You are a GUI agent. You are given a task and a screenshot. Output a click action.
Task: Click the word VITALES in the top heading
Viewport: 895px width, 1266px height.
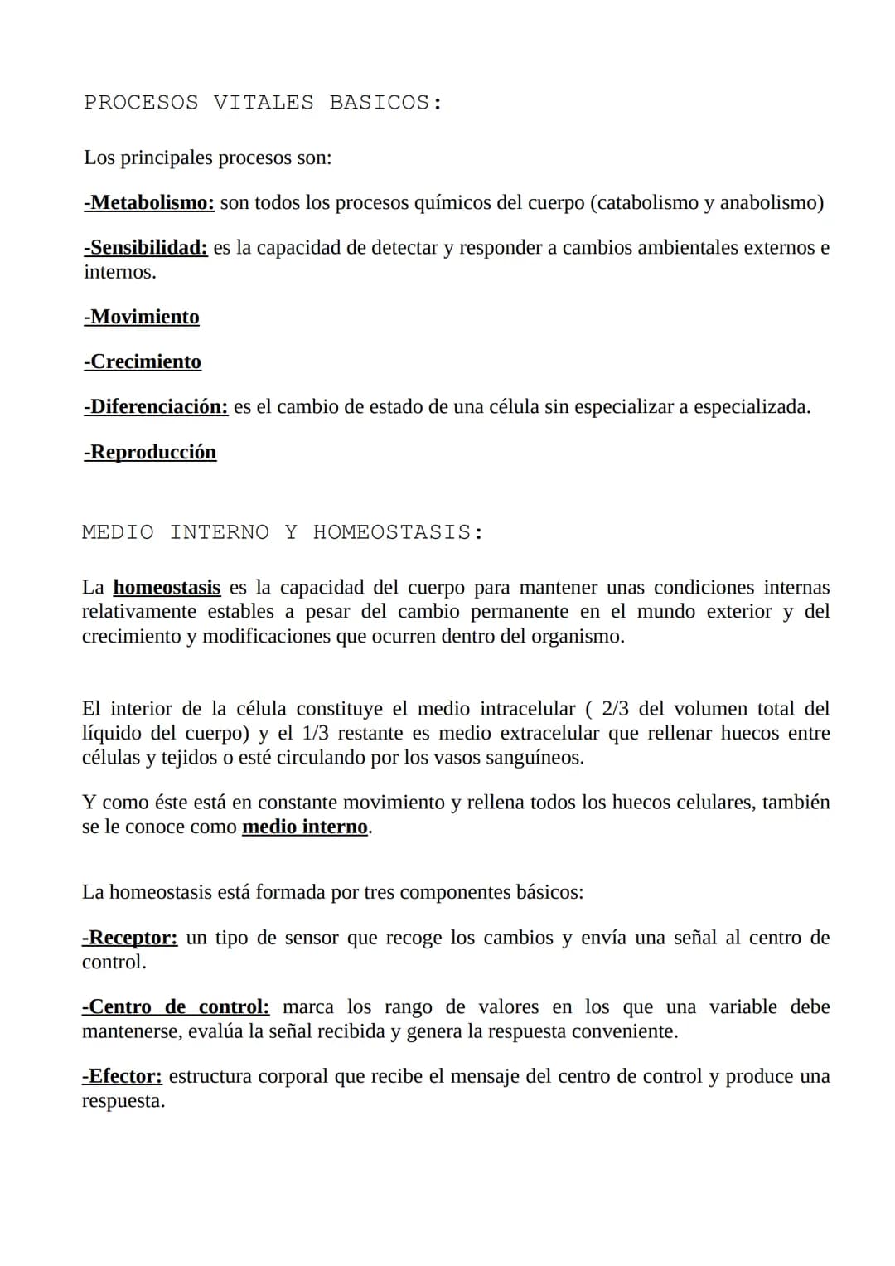[x=264, y=103]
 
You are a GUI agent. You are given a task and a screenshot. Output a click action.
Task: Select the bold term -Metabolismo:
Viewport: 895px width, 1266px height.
[x=149, y=203]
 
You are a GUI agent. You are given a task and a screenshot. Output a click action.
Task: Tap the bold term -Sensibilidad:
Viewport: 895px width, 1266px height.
[x=146, y=248]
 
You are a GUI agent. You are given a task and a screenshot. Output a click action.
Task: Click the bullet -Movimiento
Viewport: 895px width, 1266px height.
[x=142, y=318]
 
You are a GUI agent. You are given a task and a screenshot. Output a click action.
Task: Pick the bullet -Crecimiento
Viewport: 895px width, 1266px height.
[x=143, y=362]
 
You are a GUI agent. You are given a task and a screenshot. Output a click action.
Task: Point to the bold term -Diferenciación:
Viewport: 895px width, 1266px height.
[x=156, y=407]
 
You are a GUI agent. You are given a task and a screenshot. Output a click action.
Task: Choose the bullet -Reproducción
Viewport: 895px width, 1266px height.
[x=150, y=453]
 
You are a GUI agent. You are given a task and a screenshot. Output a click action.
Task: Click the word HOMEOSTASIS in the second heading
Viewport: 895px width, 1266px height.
[x=398, y=532]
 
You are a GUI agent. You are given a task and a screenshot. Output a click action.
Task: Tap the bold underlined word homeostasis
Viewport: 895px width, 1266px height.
[x=167, y=588]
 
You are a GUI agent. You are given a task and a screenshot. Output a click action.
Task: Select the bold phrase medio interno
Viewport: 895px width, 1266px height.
[x=305, y=827]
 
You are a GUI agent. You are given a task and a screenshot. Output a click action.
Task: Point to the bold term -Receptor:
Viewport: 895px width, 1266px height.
[x=129, y=938]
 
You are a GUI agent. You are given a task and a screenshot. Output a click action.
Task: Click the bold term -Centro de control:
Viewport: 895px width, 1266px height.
[x=176, y=1007]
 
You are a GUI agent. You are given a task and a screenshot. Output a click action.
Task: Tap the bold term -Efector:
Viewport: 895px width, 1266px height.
[x=122, y=1076]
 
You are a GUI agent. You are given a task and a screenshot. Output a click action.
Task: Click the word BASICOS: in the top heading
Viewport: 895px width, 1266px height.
[x=385, y=103]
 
